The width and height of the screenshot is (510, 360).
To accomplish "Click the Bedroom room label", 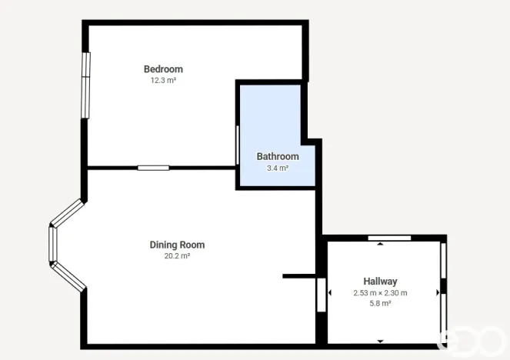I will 163,68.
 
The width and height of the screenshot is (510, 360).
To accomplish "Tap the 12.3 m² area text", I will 163,80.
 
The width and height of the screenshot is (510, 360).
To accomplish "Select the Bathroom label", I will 277,156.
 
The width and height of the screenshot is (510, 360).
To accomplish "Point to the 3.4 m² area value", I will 277,168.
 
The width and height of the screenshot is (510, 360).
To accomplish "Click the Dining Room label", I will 177,245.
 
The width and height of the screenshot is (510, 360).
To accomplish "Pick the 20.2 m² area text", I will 177,256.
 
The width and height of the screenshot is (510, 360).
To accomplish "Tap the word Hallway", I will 380,281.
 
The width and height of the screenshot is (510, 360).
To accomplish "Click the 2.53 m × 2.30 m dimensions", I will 380,292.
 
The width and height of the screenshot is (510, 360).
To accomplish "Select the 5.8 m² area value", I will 380,304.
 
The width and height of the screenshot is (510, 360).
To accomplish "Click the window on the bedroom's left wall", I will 86,85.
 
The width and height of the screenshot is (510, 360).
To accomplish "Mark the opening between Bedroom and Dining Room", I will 153,167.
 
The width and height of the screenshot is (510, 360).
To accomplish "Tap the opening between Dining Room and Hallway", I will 321,295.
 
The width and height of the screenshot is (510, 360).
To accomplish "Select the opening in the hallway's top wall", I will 389,238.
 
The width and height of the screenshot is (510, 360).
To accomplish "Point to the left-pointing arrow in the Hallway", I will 329,292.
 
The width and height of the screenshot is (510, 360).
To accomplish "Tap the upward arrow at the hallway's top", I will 380,245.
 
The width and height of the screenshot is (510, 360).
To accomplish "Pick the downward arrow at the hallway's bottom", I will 380,341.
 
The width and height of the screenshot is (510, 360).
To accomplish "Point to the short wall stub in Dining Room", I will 298,275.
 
